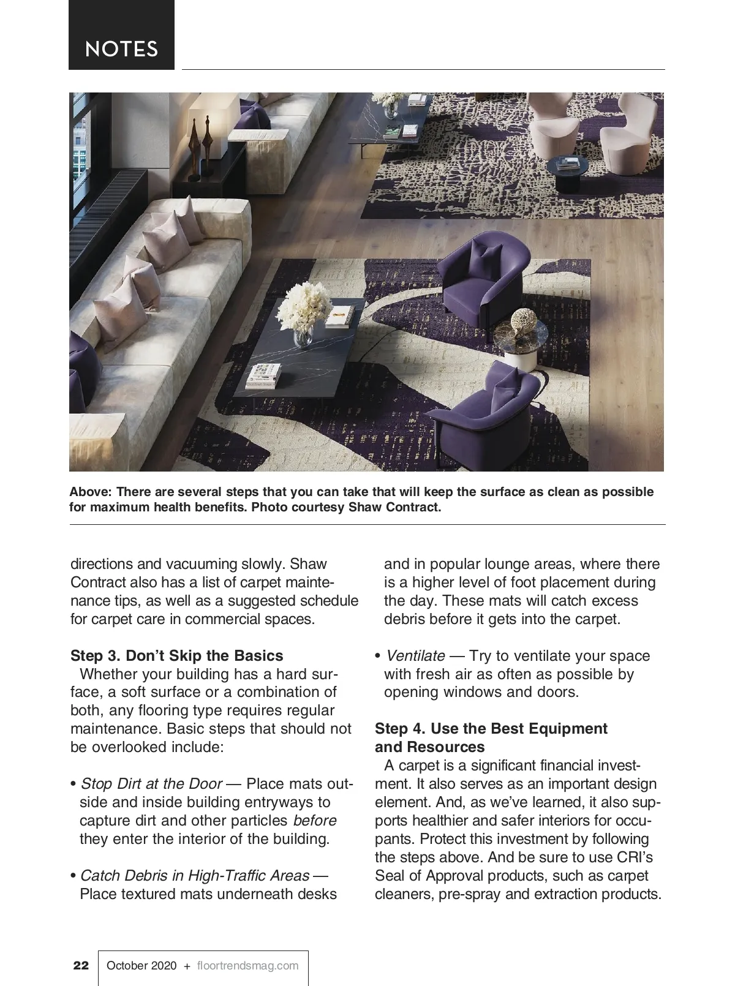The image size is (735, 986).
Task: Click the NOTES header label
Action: click(121, 49)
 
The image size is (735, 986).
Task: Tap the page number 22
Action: click(81, 966)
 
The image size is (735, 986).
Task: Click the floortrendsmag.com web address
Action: click(248, 966)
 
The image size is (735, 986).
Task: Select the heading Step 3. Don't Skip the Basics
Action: click(177, 655)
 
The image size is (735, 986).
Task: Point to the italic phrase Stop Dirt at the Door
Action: click(151, 784)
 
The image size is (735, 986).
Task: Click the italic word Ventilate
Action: click(415, 655)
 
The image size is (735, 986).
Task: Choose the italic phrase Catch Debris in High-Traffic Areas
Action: click(195, 876)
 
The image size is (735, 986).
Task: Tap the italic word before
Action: click(315, 821)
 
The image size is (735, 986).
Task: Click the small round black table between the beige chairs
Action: click(567, 170)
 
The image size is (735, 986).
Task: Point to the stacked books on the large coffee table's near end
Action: click(265, 375)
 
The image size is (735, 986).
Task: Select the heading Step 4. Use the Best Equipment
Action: click(491, 729)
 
